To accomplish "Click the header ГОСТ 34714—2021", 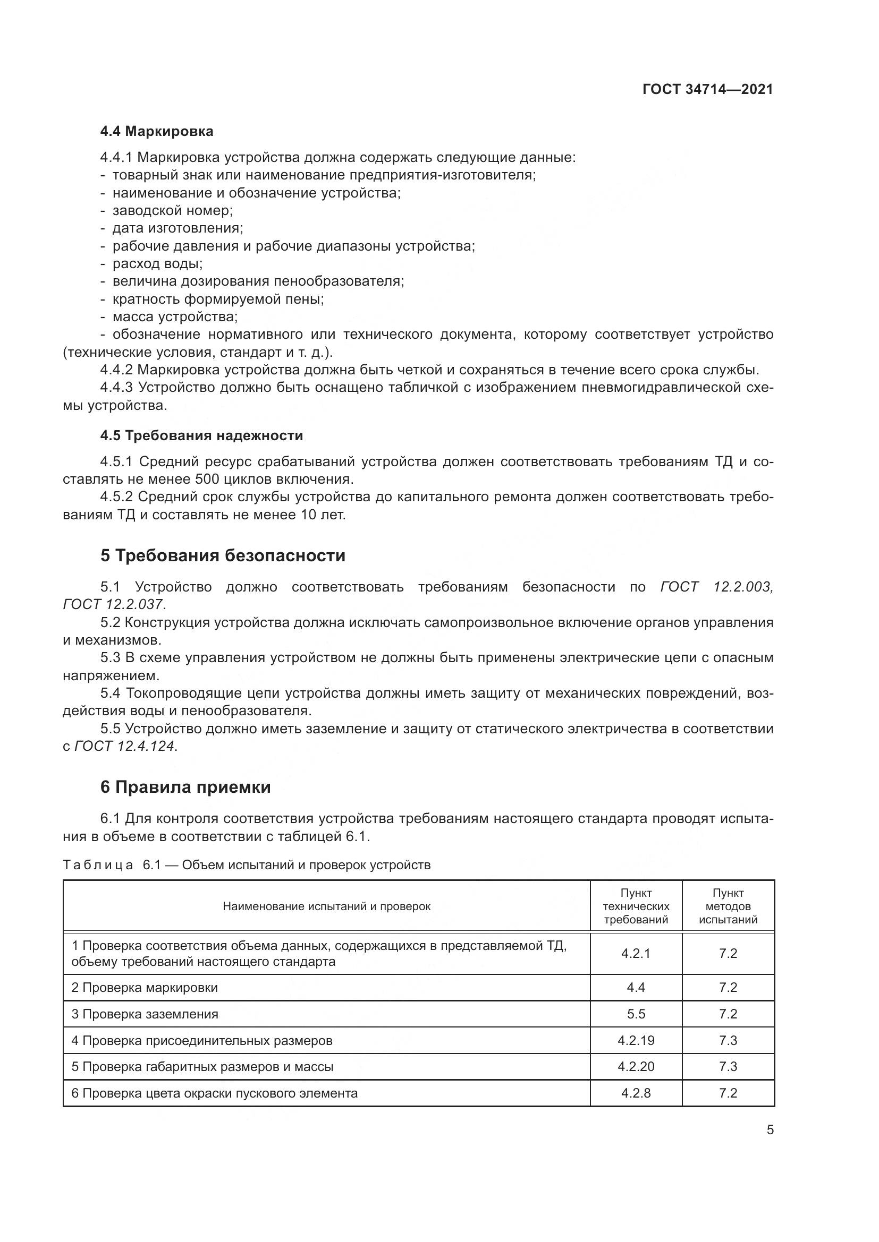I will tap(707, 90).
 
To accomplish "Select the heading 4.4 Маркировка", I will tap(157, 132).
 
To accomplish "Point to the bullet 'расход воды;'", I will tap(157, 263).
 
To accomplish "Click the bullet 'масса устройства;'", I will tap(175, 316).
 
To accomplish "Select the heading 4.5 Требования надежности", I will tap(201, 435).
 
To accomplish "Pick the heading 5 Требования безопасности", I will tap(223, 555).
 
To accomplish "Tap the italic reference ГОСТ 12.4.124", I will tap(125, 746).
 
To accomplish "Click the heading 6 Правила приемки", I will tap(185, 787).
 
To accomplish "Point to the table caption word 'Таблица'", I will tap(98, 865).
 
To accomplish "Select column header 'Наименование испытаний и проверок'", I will tap(326, 906).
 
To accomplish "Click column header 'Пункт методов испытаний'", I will tap(728, 906).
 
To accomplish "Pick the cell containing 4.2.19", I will tap(636, 1040).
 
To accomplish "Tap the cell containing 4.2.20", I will tap(636, 1067).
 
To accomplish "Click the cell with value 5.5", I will tap(636, 1014).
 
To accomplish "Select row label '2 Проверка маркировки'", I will tap(145, 988).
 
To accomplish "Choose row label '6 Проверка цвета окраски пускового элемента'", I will tap(214, 1093).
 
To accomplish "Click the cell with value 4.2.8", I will tap(636, 1093).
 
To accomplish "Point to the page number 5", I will tap(770, 1130).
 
